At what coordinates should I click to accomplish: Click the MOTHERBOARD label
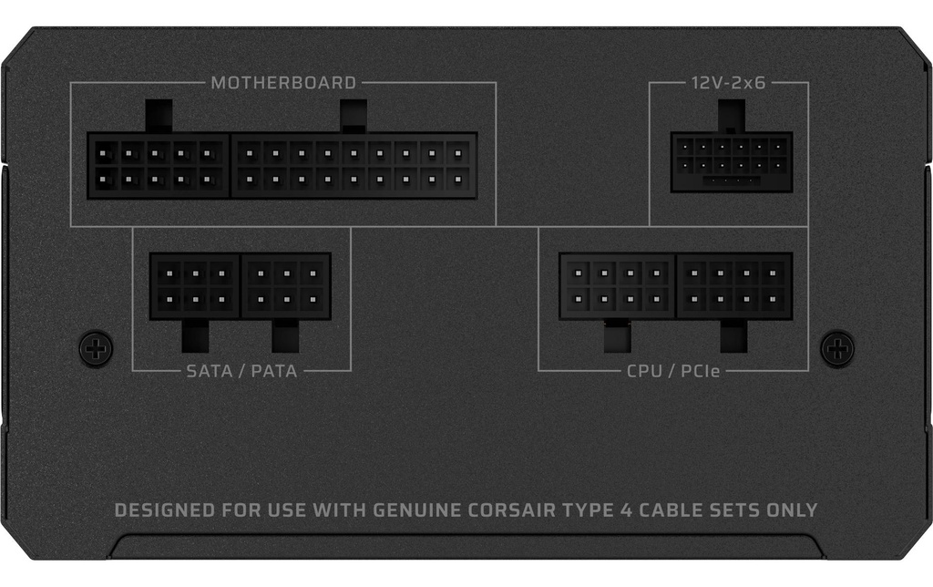click(x=283, y=82)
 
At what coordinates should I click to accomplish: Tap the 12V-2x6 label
click(x=728, y=82)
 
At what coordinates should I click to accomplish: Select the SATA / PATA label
click(x=241, y=371)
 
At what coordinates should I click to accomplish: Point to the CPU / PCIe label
click(x=673, y=371)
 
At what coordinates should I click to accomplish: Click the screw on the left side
click(x=96, y=347)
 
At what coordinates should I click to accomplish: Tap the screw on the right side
click(x=837, y=347)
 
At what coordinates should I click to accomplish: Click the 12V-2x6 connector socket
click(x=732, y=162)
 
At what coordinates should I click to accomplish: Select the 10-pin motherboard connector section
click(x=159, y=166)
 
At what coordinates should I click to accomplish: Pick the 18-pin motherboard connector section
click(x=354, y=166)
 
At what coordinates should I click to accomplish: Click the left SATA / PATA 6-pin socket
click(x=195, y=286)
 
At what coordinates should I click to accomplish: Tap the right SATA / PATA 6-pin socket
click(x=286, y=286)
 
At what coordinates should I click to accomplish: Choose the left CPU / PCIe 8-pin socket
click(x=618, y=286)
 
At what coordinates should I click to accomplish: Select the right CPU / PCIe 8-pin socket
click(x=734, y=286)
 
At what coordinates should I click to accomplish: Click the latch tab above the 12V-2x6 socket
click(x=732, y=116)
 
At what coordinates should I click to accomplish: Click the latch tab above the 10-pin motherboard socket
click(x=159, y=116)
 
